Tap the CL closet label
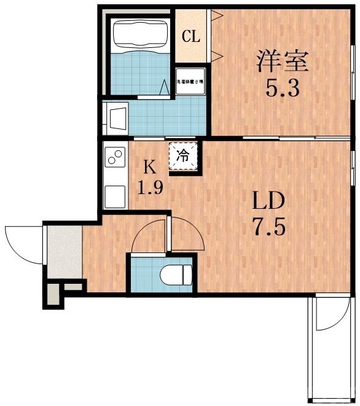coord(190,36)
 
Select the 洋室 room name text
coord(283,62)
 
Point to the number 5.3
coord(283,90)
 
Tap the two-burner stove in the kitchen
coord(115,158)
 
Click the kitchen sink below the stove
coord(115,196)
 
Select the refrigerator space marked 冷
coord(183,155)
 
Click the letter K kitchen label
coord(149,166)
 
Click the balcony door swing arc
coord(326,316)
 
